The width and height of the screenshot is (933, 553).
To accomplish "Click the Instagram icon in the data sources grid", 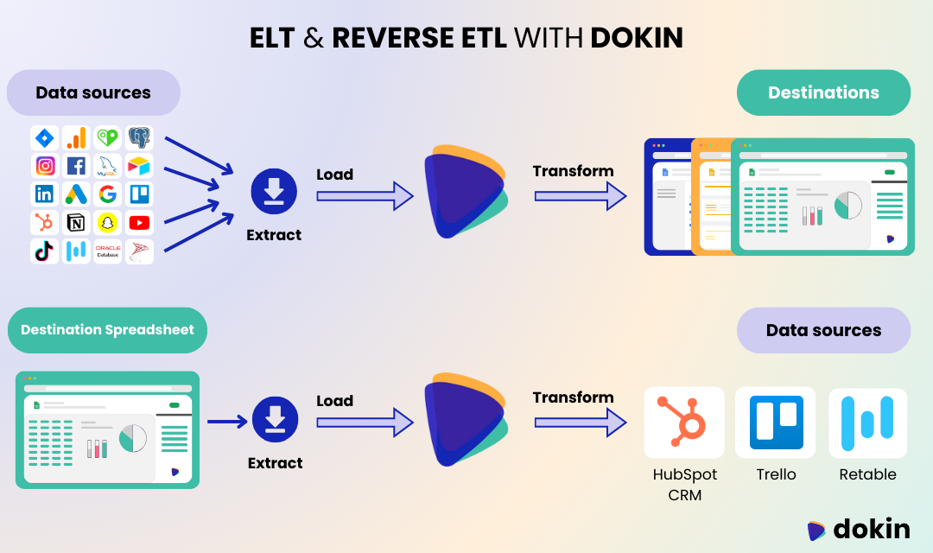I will pyautogui.click(x=45, y=165).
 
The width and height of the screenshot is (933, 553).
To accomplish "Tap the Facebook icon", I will pyautogui.click(x=76, y=165).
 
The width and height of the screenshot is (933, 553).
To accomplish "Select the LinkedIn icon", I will pyautogui.click(x=45, y=194).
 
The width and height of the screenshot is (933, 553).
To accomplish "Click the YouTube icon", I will pyautogui.click(x=139, y=222).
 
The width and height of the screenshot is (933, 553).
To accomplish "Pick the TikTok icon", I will pyautogui.click(x=45, y=251).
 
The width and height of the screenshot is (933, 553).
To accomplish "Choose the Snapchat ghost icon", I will pyautogui.click(x=107, y=222).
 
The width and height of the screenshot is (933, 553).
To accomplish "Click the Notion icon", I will pyautogui.click(x=76, y=222).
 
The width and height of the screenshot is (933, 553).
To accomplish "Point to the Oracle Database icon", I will pyautogui.click(x=107, y=251).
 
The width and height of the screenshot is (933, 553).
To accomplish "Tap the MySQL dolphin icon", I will pyautogui.click(x=107, y=165).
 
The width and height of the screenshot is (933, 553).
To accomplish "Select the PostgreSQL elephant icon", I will pyautogui.click(x=139, y=137).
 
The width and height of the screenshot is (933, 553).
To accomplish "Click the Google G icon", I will pyautogui.click(x=107, y=194).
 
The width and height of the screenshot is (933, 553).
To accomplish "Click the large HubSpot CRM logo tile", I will pyautogui.click(x=683, y=422).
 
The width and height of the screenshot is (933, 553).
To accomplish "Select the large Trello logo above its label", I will pyautogui.click(x=775, y=422).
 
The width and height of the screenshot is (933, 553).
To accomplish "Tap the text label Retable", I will pyautogui.click(x=867, y=474).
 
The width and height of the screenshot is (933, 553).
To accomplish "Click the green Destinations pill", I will pyautogui.click(x=823, y=92).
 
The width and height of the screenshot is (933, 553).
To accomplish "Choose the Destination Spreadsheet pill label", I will pyautogui.click(x=107, y=330).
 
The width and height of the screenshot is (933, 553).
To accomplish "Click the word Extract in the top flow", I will pyautogui.click(x=274, y=235).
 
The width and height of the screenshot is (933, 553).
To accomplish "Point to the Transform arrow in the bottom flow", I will pyautogui.click(x=580, y=423).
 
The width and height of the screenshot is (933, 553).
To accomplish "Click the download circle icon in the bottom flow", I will pyautogui.click(x=275, y=421).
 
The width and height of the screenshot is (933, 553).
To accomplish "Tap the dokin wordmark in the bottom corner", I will pyautogui.click(x=871, y=529).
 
